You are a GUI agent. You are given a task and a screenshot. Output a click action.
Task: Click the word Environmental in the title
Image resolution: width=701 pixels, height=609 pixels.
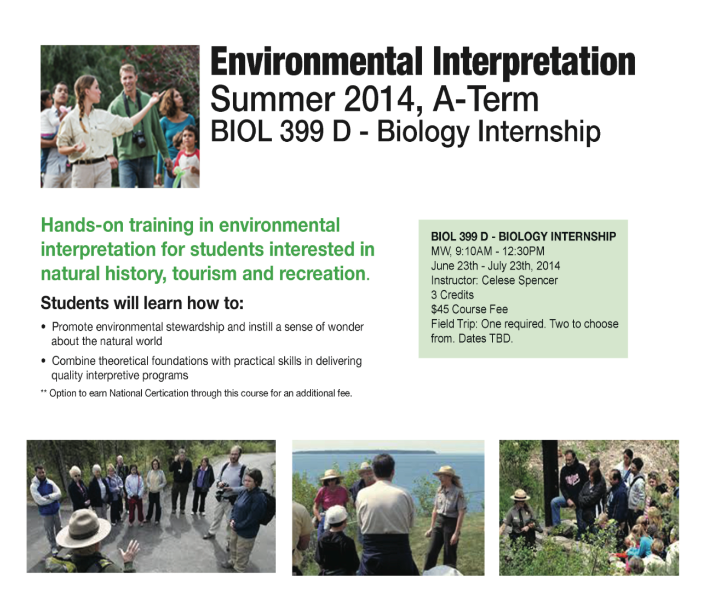tap(316, 62)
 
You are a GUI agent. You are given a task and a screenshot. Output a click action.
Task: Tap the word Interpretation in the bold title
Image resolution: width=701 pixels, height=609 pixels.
tap(534, 64)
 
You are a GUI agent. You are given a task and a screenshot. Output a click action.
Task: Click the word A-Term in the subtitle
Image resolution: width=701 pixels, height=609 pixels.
tap(485, 99)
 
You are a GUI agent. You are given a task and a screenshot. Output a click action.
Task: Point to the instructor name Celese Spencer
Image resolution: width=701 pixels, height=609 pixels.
tap(519, 280)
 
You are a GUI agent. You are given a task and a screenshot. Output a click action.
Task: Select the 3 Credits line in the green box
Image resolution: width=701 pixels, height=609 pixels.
tap(452, 295)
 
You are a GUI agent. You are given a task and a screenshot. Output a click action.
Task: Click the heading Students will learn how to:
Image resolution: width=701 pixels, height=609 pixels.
tap(142, 303)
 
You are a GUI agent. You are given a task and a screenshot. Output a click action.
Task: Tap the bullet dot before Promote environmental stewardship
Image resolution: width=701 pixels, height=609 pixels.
tap(43, 327)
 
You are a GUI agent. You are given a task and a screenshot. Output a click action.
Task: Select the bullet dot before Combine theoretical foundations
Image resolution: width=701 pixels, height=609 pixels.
tap(43, 361)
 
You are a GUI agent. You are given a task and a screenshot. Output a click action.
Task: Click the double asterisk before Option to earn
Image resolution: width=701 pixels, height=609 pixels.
tap(44, 392)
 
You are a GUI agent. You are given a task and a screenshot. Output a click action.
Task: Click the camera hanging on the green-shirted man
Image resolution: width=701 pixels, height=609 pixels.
tap(140, 139)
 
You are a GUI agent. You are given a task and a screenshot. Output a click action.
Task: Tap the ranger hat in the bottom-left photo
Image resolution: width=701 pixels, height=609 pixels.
tap(83, 528)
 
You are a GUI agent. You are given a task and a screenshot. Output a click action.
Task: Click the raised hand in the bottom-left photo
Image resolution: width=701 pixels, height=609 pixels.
tap(129, 551)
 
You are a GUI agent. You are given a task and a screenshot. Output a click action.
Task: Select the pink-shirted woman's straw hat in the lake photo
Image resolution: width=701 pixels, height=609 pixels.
tap(331, 475)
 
